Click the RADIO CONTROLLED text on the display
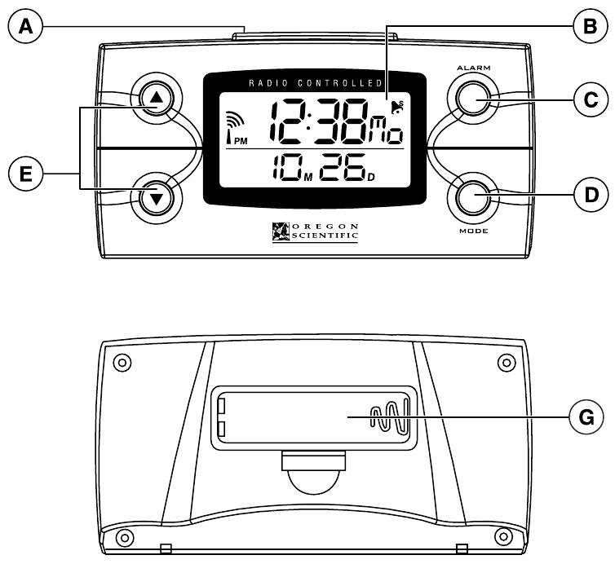[x=313, y=83]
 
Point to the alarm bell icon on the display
[x=397, y=106]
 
